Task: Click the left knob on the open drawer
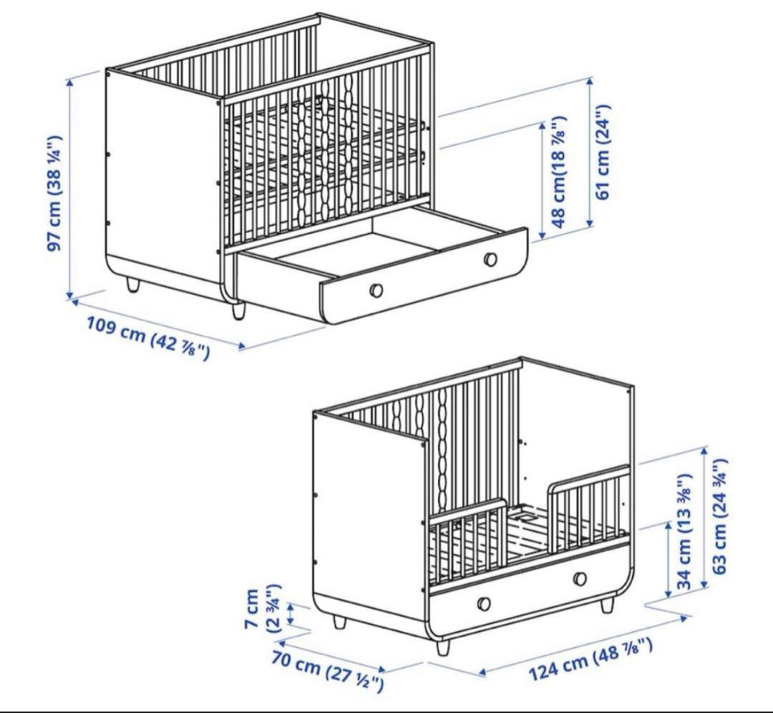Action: (376, 290)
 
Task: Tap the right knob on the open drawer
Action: (490, 258)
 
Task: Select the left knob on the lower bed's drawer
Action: (485, 602)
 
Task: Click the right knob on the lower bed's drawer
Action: (580, 578)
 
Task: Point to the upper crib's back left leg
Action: (133, 285)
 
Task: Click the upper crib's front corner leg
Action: (238, 311)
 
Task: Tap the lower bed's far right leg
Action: (607, 606)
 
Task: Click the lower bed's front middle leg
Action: (443, 647)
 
